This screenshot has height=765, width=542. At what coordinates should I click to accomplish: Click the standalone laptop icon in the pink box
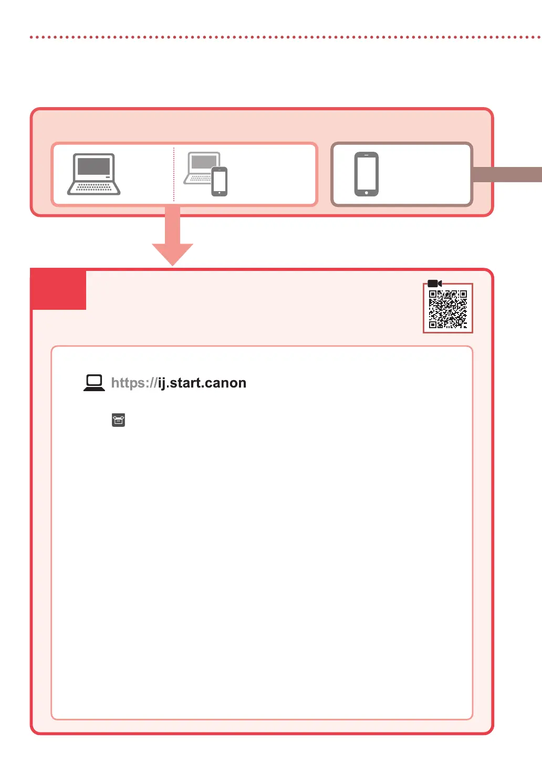(x=93, y=174)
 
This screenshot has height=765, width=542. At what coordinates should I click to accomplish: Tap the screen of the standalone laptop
(x=93, y=166)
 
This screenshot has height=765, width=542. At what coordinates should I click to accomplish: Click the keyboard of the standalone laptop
(x=93, y=187)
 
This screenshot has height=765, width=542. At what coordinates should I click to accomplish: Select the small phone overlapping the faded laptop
(x=220, y=181)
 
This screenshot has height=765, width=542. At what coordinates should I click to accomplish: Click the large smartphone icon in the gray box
(x=367, y=174)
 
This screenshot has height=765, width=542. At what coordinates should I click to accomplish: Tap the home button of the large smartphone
(x=367, y=193)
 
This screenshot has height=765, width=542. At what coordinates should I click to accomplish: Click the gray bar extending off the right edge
(x=507, y=174)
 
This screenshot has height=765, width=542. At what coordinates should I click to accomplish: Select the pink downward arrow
(x=173, y=236)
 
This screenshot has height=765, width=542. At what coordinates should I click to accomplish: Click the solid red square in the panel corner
(x=59, y=289)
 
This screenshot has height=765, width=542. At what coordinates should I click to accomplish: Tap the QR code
(x=448, y=309)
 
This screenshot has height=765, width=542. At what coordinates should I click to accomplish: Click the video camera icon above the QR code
(x=434, y=284)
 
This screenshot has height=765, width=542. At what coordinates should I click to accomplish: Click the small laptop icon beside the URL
(x=94, y=383)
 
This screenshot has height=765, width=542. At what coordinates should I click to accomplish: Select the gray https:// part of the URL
(x=134, y=383)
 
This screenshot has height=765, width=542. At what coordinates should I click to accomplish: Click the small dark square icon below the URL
(x=119, y=420)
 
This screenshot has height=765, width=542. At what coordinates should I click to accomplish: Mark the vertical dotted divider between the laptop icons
(x=174, y=174)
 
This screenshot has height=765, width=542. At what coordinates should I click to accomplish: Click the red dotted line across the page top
(x=284, y=37)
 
